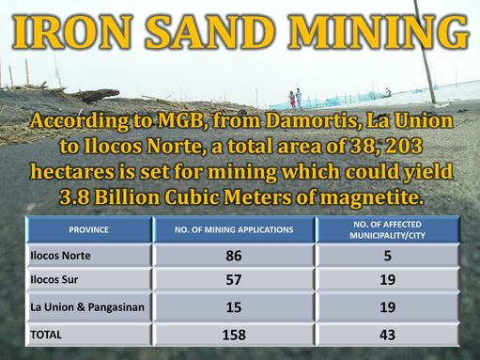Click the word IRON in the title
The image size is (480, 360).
click(72, 32)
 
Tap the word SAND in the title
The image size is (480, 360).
click(210, 32)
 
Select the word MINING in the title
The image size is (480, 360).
click(379, 32)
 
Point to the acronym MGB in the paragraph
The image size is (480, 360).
click(182, 120)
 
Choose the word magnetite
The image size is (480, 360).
click(370, 197)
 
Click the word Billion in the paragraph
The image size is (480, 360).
click(127, 197)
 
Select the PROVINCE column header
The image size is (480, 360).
click(88, 230)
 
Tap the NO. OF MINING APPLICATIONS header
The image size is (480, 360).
click(234, 230)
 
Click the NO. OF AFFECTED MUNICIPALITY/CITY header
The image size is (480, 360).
click(387, 230)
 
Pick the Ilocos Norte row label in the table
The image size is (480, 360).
click(60, 256)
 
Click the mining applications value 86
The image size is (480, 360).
click(234, 256)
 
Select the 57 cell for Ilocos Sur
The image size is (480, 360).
click(234, 280)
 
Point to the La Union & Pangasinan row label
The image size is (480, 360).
click(87, 307)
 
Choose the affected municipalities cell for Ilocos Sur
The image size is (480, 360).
click(388, 280)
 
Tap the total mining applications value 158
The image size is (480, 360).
click(234, 335)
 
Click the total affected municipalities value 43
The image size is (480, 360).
click(388, 335)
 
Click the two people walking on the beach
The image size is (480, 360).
click(296, 99)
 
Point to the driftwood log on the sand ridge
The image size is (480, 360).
click(97, 95)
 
